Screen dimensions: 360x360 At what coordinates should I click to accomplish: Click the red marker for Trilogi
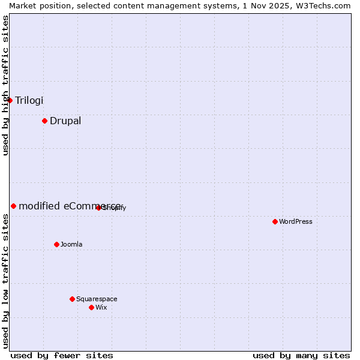(x=10, y=100)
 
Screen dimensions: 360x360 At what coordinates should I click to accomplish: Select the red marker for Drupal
(x=44, y=121)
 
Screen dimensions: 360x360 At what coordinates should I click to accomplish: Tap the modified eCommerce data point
(x=13, y=206)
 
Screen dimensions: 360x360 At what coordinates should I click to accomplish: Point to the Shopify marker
(x=98, y=208)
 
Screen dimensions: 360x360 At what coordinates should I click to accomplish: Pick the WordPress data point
(x=275, y=221)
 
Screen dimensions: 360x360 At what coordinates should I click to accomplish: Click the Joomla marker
(x=56, y=244)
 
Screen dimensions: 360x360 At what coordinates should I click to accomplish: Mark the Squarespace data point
(x=72, y=299)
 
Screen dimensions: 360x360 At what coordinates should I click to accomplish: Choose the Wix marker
(x=91, y=307)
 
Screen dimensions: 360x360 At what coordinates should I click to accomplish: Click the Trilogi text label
(x=29, y=100)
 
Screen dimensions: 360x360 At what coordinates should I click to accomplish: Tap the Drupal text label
(x=65, y=121)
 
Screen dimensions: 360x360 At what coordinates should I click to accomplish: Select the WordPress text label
(x=295, y=221)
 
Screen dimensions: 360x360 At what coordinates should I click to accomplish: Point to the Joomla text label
(x=71, y=244)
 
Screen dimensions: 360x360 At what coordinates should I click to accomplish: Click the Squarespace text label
(x=97, y=299)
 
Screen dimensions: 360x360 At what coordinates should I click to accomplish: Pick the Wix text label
(x=101, y=307)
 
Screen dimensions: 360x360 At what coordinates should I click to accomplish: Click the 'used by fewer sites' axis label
(x=62, y=355)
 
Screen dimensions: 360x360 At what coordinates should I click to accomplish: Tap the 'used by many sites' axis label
(x=301, y=355)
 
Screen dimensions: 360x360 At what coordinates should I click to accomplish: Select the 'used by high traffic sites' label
(x=5, y=85)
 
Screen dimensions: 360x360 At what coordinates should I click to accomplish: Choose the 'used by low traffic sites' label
(x=5, y=281)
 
